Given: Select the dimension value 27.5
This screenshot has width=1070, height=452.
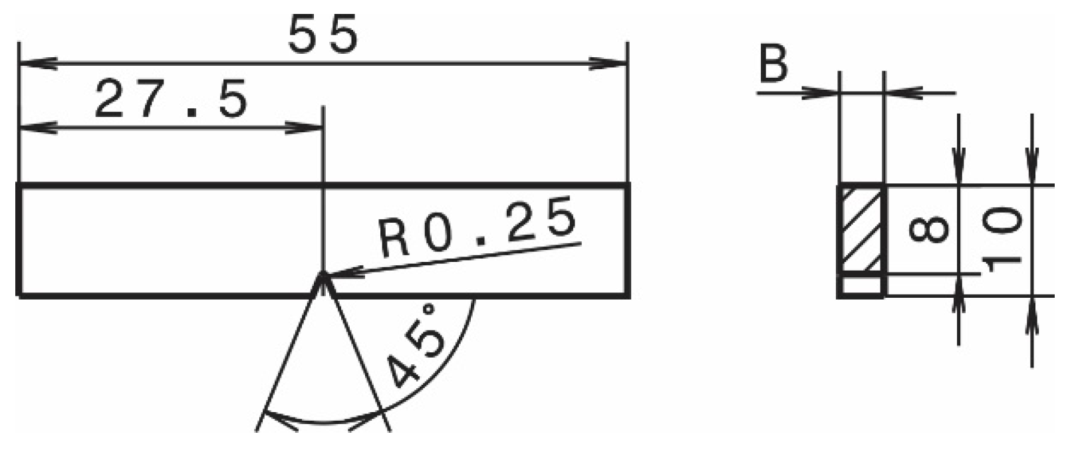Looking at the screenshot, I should (x=171, y=100).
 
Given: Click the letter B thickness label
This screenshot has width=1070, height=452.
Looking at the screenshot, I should (x=773, y=65).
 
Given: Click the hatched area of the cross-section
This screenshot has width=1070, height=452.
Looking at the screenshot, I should (x=862, y=229).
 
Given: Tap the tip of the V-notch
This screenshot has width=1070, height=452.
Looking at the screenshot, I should (x=323, y=275).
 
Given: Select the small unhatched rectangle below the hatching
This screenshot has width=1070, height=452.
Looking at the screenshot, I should (x=862, y=285).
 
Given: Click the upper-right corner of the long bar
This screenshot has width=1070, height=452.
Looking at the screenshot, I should (x=628, y=185).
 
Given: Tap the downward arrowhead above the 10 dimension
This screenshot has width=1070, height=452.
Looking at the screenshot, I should (x=1031, y=169).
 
